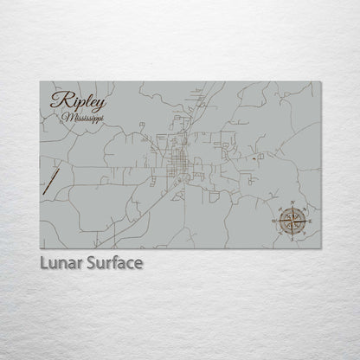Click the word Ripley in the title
(x=74, y=100)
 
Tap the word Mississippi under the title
(x=81, y=115)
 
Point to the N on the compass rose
(x=292, y=202)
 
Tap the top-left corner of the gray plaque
(x=40, y=81)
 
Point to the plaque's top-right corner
(x=321, y=81)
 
